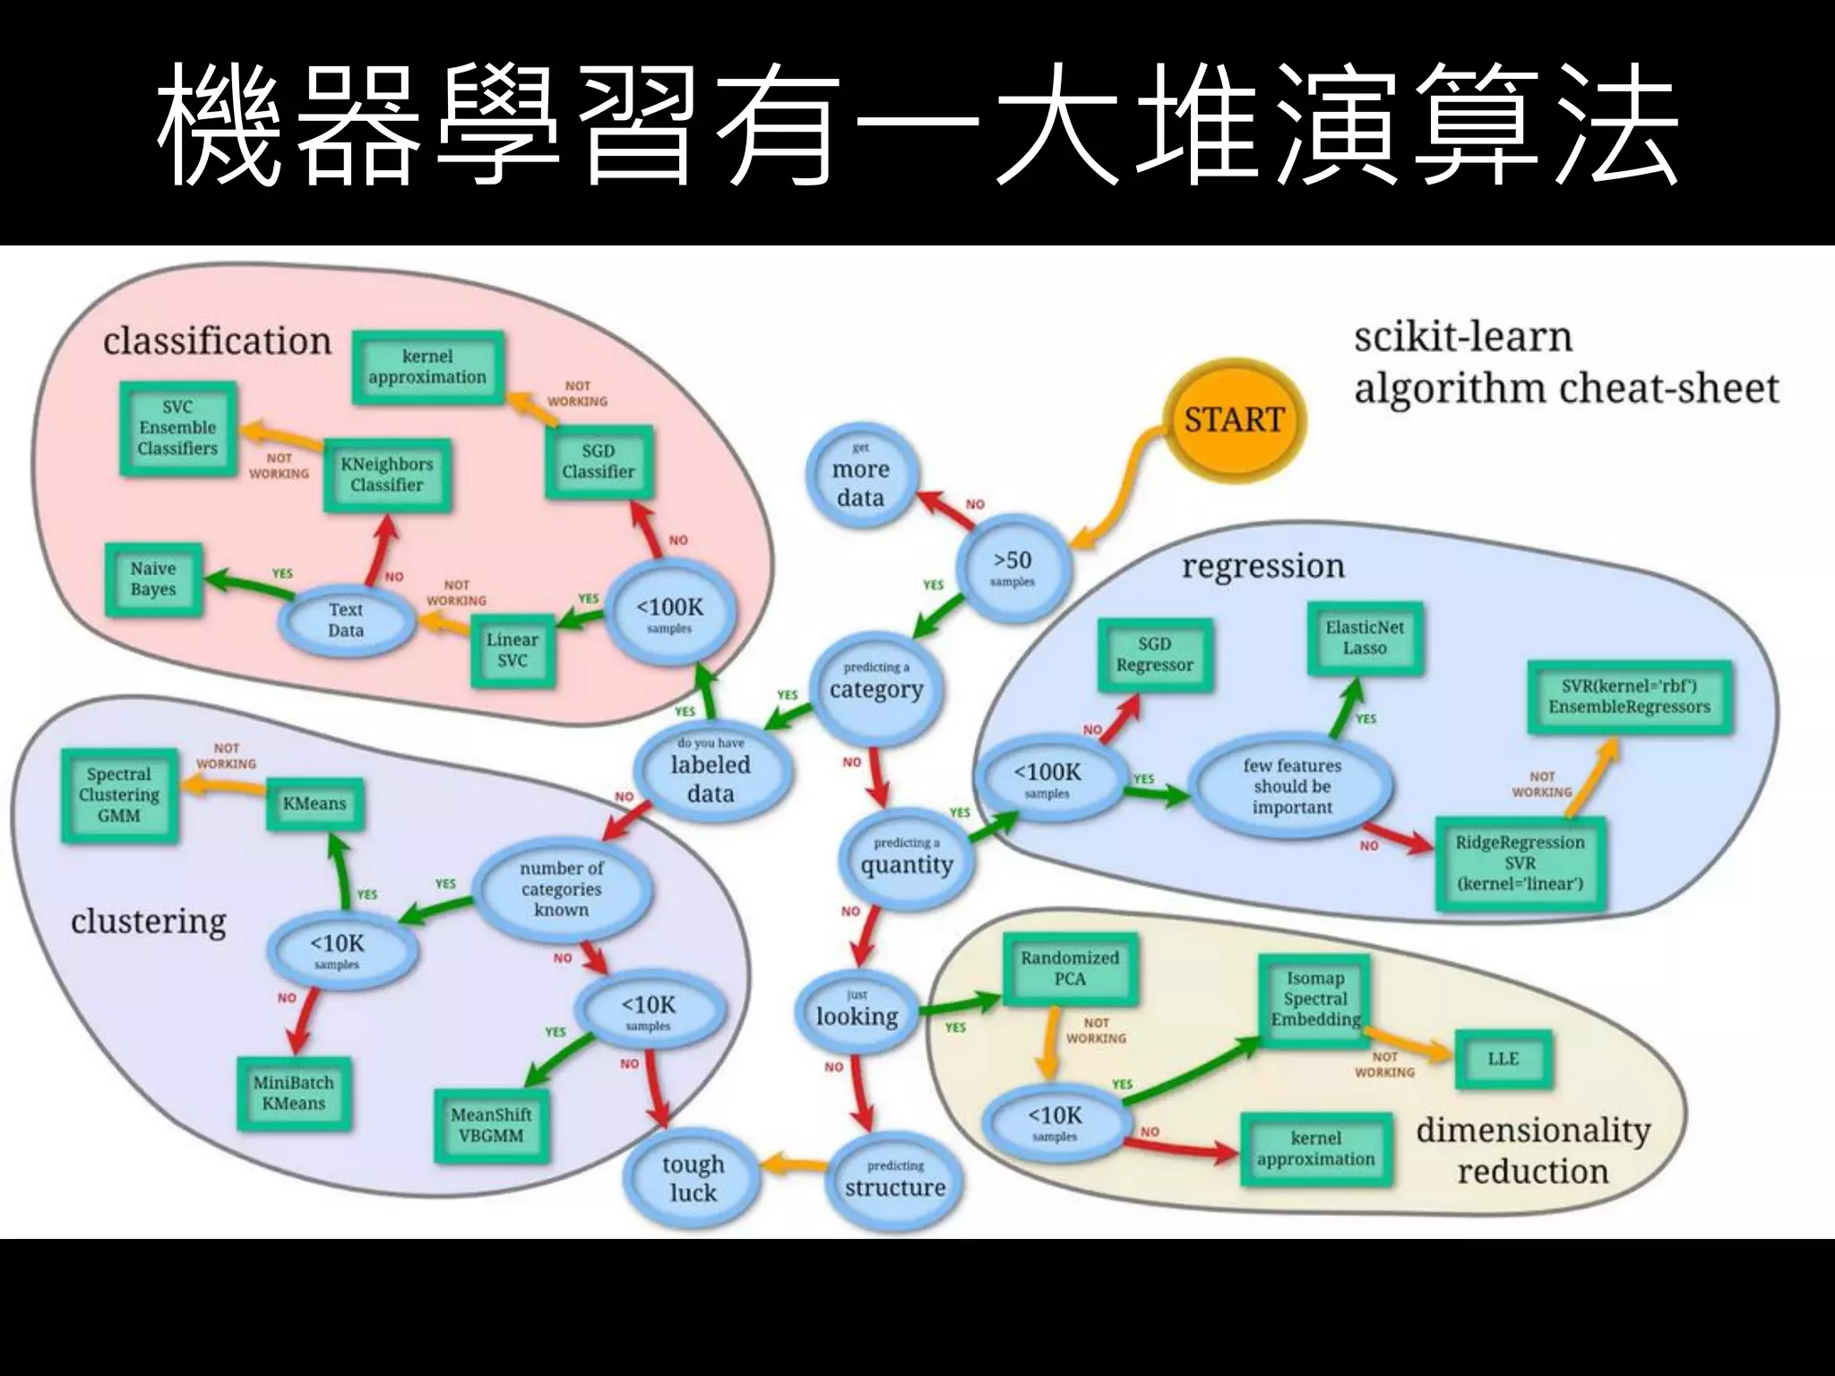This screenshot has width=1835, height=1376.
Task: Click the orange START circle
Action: tap(1234, 419)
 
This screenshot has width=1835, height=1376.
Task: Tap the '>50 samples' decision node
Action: tap(1012, 568)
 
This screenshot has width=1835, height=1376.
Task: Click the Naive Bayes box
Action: tap(153, 579)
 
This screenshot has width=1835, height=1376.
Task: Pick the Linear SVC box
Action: tap(513, 649)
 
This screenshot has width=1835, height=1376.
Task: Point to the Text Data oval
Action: tap(346, 619)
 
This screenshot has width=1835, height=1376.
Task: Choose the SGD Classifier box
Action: tap(598, 461)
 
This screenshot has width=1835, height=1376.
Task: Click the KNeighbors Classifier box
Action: tap(387, 474)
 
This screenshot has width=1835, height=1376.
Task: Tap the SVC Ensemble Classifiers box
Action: tap(177, 427)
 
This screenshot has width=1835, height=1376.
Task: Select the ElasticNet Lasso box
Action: tap(1365, 637)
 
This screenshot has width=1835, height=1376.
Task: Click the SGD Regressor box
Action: tap(1154, 655)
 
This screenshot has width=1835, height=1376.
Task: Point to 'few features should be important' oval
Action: tap(1292, 786)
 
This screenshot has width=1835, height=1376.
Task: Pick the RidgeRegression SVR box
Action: tap(1520, 863)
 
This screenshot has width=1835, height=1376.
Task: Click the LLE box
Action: tap(1503, 1058)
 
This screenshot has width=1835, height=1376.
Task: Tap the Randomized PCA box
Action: tap(1070, 968)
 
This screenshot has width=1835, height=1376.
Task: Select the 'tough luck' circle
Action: tap(693, 1177)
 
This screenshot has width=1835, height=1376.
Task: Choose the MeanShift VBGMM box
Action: tap(490, 1125)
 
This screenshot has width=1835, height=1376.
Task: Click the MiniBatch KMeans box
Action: tap(293, 1093)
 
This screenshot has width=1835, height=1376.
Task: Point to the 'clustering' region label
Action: tap(149, 921)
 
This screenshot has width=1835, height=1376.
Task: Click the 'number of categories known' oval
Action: tap(562, 889)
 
